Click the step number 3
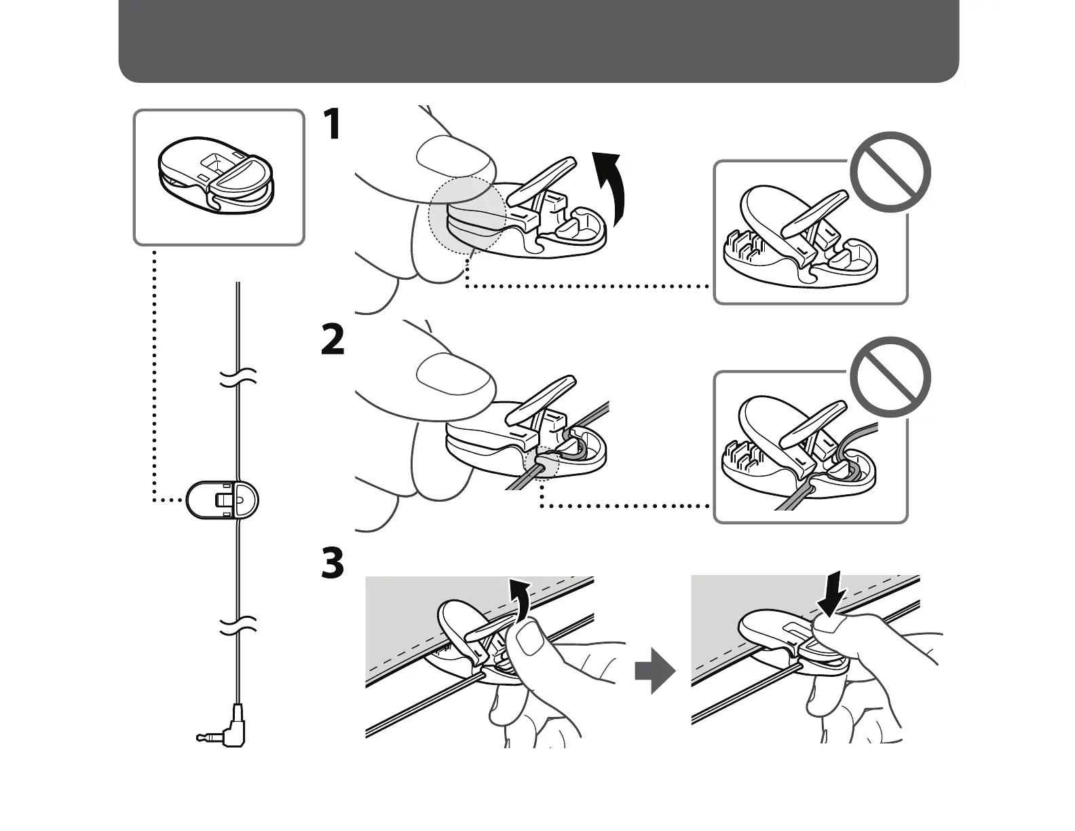[332, 564]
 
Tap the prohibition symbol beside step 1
[890, 172]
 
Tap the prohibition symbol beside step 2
[890, 377]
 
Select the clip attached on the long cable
[223, 500]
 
